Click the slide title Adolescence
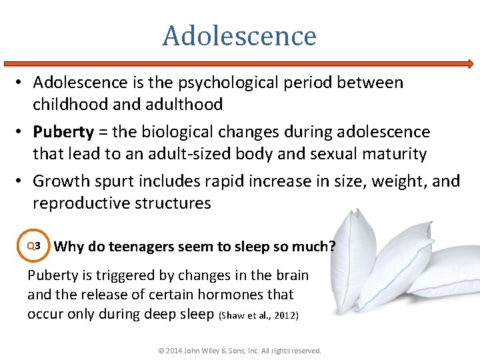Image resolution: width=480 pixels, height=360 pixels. [239, 35]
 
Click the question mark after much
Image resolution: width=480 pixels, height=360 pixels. [332, 246]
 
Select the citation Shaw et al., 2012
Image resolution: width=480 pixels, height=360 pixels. [258, 315]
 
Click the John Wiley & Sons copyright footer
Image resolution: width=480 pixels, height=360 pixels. [239, 351]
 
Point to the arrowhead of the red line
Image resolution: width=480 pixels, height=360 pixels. [470, 64]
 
